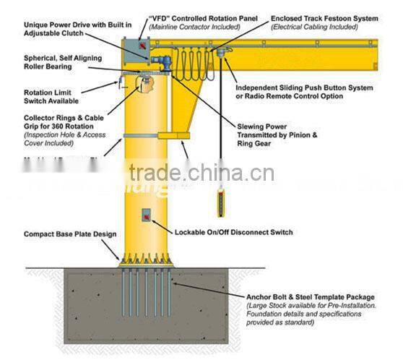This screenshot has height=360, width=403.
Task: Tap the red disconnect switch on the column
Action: [x=146, y=215]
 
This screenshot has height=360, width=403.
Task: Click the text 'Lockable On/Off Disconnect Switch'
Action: [x=234, y=232]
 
